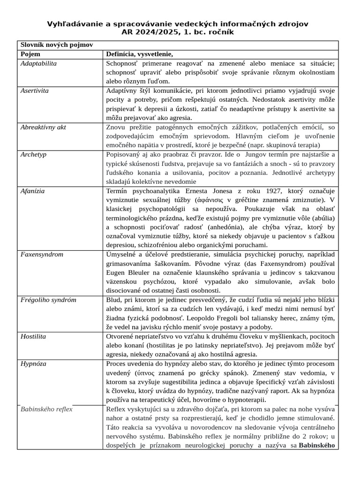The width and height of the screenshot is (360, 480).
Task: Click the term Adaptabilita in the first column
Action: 38,63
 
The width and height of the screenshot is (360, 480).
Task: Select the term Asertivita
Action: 35,90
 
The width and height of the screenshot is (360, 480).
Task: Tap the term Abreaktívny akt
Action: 43,127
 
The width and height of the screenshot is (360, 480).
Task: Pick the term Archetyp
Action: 33,154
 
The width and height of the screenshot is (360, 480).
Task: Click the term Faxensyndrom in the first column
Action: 42,255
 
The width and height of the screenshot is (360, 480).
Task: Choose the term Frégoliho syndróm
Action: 48,300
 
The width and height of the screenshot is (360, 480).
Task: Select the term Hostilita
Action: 33,336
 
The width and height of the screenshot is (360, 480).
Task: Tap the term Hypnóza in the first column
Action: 33,363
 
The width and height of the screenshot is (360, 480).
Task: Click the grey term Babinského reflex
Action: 46,409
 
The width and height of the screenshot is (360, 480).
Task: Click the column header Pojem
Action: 30,54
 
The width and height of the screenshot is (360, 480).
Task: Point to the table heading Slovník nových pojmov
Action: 56,45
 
